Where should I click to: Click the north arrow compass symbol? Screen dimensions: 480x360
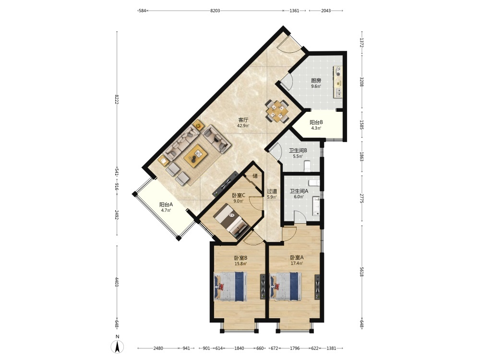(x=117, y=346)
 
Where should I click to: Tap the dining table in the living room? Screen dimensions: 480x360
(x=277, y=111)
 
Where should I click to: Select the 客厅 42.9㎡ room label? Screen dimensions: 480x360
(x=243, y=122)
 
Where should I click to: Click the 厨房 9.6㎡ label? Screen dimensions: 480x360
(x=316, y=83)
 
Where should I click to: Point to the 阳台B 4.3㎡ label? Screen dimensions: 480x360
(x=316, y=125)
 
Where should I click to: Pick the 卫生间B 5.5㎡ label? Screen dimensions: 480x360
(x=298, y=153)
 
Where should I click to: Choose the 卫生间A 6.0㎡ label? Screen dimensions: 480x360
(x=299, y=193)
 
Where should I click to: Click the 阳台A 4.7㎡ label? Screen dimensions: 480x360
(x=166, y=207)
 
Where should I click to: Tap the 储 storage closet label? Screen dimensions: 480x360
(x=255, y=176)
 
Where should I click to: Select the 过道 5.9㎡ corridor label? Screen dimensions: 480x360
(x=272, y=194)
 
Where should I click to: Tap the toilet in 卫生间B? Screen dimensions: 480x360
(x=307, y=166)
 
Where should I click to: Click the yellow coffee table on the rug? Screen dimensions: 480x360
(x=196, y=156)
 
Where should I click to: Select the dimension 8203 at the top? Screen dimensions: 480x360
(x=215, y=11)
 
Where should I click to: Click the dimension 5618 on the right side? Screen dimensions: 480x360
(x=361, y=271)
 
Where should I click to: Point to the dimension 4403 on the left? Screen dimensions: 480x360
(x=117, y=282)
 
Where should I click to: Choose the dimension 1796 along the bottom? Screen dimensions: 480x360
(x=295, y=348)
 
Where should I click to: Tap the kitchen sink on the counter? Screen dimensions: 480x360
(x=338, y=93)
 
